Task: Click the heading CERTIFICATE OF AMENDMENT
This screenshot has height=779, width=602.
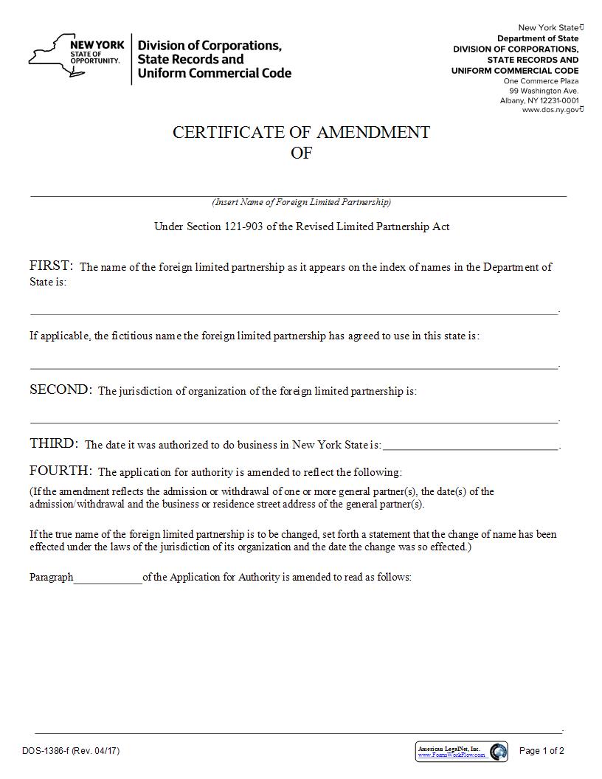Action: [x=301, y=132]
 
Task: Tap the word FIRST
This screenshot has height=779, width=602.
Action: [x=51, y=266]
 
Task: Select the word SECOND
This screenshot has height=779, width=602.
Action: [x=60, y=389]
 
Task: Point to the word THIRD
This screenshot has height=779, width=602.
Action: [x=54, y=443]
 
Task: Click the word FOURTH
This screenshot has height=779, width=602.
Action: [x=60, y=471]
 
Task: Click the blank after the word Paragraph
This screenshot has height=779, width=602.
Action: [x=108, y=578]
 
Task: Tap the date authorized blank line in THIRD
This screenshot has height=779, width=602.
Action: [x=471, y=446]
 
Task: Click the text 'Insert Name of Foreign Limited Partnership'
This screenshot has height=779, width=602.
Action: [x=301, y=202]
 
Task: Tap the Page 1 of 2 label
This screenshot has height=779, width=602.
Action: [x=542, y=751]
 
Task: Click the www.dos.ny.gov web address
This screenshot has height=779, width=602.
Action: [x=550, y=110]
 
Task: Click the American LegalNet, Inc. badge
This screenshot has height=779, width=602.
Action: [x=461, y=751]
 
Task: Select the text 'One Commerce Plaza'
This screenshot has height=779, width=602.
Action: [x=541, y=81]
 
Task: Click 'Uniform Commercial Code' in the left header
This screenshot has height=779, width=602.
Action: [x=215, y=73]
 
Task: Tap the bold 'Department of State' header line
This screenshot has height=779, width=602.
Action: [x=538, y=38]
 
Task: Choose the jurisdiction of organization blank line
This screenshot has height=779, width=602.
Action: [x=294, y=420]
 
